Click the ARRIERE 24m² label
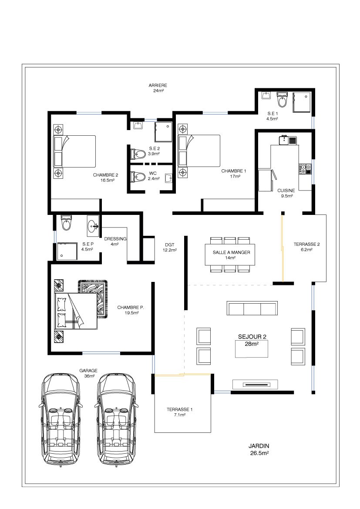point(158,88)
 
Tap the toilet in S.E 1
point(282,100)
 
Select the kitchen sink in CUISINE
point(288,140)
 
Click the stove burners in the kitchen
point(305,169)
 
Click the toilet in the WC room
point(138,177)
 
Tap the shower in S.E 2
point(163,132)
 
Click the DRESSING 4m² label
point(115,241)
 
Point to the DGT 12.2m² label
point(170,248)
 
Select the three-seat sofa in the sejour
point(252,308)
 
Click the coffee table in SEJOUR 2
point(252,348)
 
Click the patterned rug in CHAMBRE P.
point(93,298)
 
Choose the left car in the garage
point(61,419)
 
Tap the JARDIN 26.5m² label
point(259,449)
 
